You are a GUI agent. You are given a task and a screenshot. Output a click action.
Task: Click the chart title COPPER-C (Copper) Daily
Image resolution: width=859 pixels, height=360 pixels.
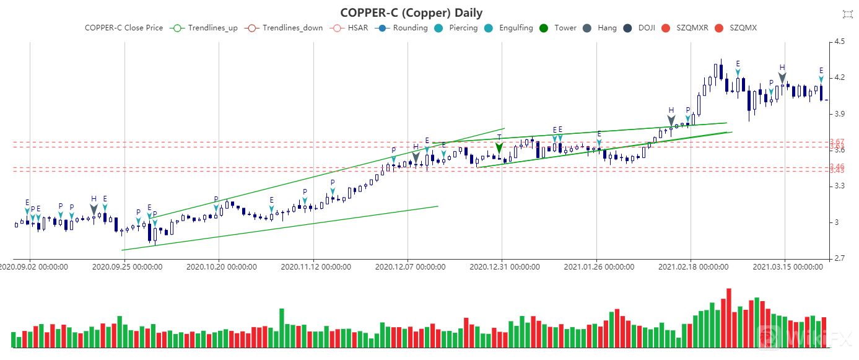coord(411,12)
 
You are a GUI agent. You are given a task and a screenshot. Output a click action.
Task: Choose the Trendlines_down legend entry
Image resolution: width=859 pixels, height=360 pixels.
coord(284,28)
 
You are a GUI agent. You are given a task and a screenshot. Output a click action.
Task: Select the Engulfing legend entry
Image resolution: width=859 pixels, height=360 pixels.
coord(507,28)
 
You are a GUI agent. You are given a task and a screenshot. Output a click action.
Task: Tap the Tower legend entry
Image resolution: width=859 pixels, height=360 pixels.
coord(557,28)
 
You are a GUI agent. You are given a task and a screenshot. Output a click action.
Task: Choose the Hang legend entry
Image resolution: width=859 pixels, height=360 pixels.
coord(599,28)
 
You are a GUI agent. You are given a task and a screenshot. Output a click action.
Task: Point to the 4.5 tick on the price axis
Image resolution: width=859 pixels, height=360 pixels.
coord(840,42)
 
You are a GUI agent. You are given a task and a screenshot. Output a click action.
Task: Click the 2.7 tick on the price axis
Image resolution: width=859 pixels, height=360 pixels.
coord(840,258)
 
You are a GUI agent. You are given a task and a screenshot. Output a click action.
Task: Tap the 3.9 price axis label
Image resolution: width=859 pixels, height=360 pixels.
coord(840,114)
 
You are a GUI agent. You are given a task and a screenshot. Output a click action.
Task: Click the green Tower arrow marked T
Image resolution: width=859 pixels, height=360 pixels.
coord(499,149)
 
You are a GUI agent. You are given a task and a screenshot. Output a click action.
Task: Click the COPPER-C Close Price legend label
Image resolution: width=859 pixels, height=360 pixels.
coord(124,28)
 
